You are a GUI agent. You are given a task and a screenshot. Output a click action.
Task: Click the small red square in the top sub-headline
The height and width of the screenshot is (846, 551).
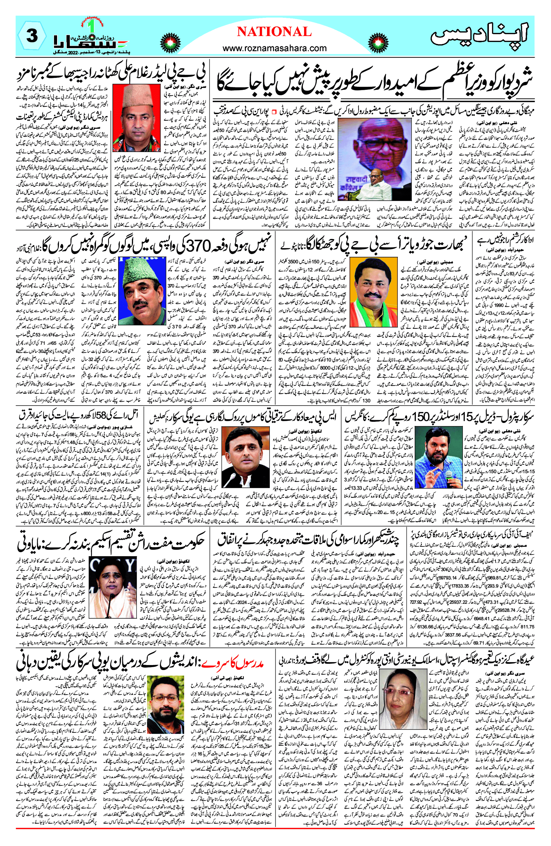point(274,112)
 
